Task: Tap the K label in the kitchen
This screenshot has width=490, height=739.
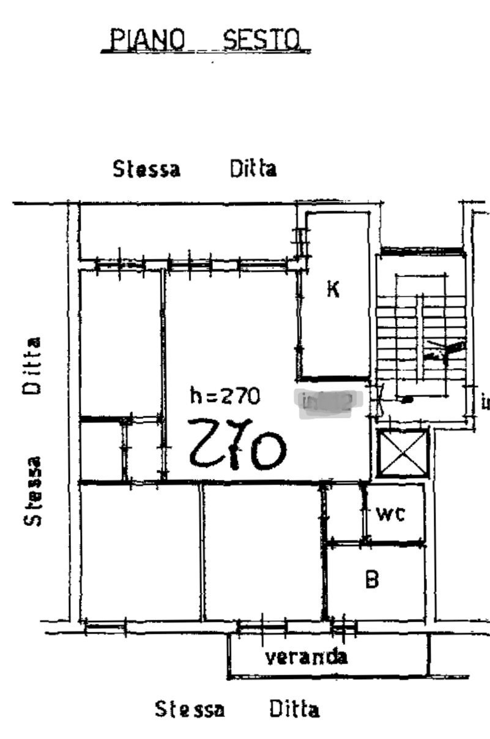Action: [x=333, y=288]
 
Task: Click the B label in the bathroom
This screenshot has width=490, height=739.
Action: [x=372, y=579]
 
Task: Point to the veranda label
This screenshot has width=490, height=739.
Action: [x=306, y=657]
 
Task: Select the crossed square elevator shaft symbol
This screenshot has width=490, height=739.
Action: [x=402, y=453]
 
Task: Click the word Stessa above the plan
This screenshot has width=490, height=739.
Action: [x=146, y=168]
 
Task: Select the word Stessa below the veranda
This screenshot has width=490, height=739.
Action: [x=189, y=710]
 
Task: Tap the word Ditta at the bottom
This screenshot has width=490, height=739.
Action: [x=294, y=710]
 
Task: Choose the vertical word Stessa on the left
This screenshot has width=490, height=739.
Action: [x=32, y=491]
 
